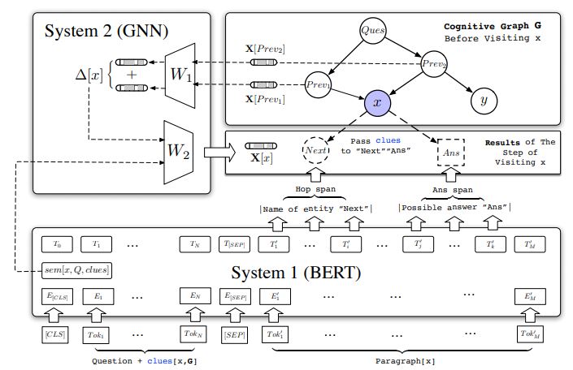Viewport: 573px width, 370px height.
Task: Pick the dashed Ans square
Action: coord(449,152)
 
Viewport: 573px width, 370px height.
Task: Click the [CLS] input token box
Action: coord(56,334)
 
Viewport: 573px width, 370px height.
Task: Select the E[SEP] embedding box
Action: coord(238,297)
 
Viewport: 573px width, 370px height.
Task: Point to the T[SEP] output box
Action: coord(238,243)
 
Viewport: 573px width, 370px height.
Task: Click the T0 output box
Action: coord(56,243)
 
